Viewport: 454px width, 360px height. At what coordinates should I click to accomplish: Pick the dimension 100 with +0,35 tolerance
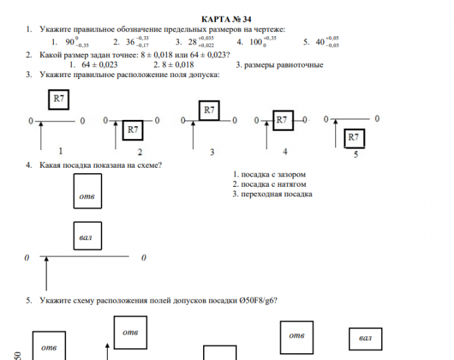(256, 42)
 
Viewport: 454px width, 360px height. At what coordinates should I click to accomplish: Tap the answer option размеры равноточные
(279, 65)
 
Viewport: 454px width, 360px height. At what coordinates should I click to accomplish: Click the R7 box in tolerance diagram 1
(60, 100)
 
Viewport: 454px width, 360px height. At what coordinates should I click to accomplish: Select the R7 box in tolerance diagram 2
(134, 129)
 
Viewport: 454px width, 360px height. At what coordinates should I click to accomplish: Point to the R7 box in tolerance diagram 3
(210, 110)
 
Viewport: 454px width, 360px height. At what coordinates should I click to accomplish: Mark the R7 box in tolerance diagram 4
(284, 120)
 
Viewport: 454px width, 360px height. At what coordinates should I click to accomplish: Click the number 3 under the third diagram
(212, 151)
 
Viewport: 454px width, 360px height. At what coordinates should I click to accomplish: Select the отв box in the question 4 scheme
(88, 191)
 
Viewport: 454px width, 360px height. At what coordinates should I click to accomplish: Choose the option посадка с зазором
(269, 174)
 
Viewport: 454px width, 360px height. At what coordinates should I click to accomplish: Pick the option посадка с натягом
(269, 184)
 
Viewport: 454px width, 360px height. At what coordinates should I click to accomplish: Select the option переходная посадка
(273, 194)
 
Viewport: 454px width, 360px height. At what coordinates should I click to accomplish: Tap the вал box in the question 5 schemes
(365, 338)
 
